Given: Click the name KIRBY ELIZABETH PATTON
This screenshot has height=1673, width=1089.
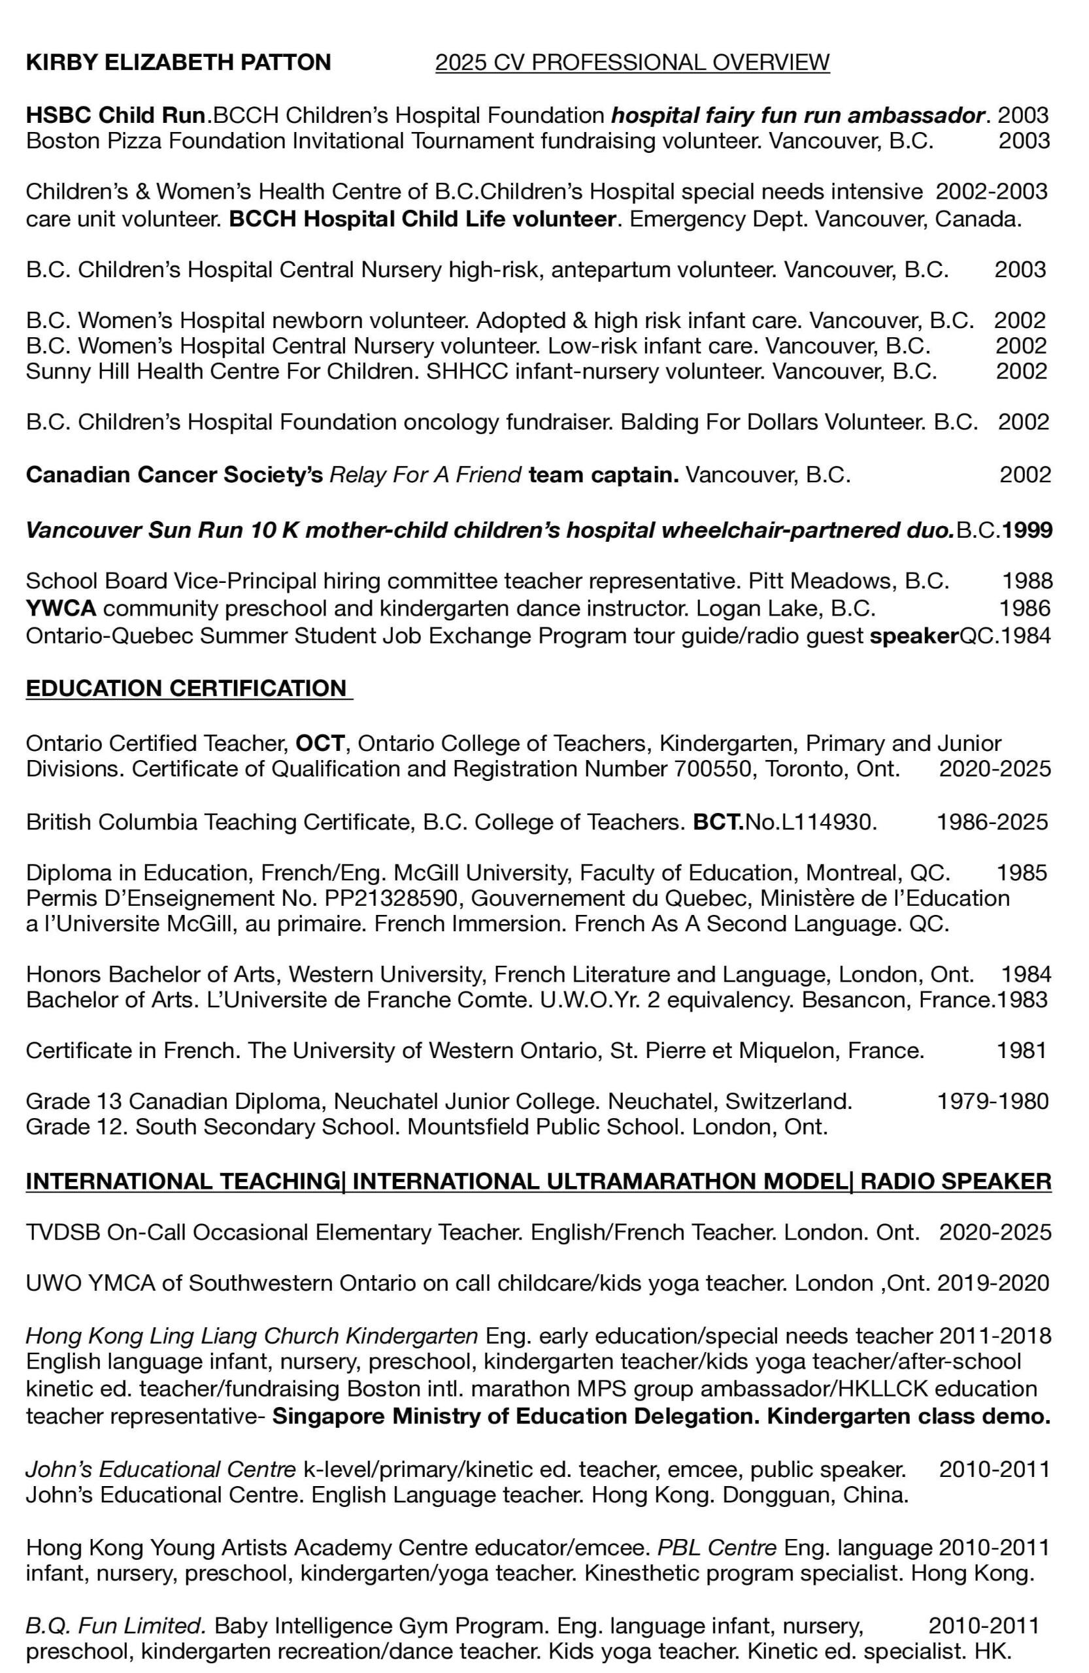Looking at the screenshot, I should [178, 63].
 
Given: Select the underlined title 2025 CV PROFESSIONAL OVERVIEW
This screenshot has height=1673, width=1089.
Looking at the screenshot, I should [632, 63].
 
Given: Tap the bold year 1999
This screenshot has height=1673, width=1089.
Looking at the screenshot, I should [1027, 529].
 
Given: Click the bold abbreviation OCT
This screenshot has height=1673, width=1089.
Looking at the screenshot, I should [320, 742].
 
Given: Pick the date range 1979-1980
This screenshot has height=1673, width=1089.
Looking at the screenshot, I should [993, 1100].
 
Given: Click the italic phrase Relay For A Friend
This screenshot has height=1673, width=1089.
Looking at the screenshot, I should [426, 475].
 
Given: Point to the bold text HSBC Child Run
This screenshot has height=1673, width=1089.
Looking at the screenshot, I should [119, 114].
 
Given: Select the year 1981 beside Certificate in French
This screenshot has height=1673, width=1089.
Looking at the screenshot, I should [1022, 1050].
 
